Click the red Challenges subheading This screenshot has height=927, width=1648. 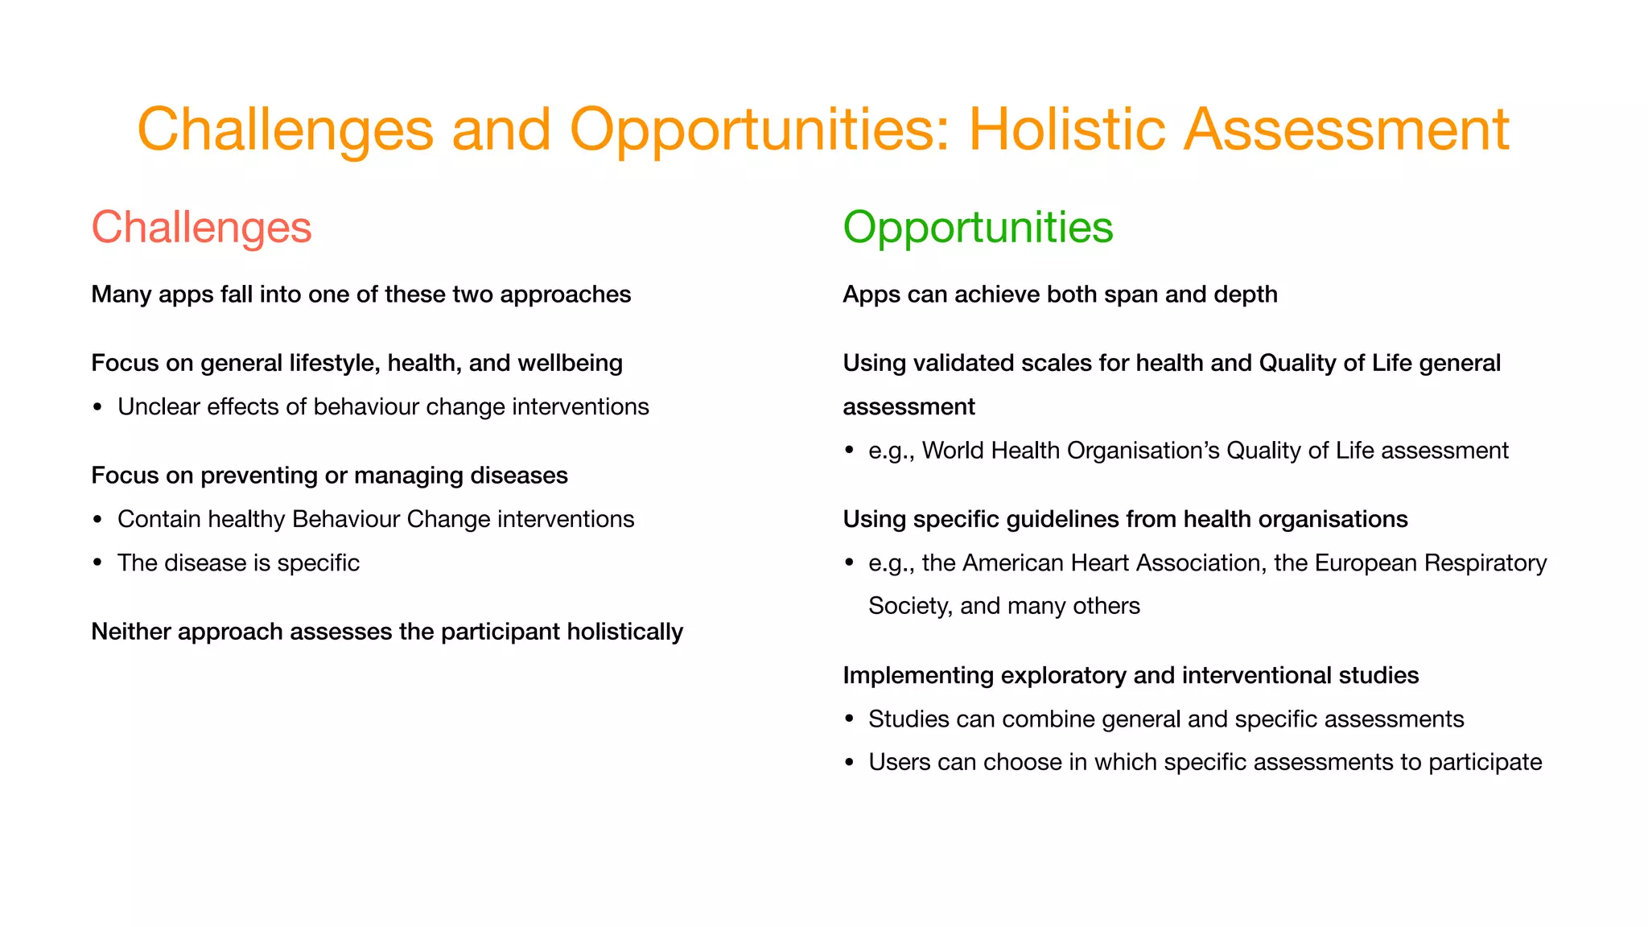click(x=201, y=227)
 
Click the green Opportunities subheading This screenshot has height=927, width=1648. click(x=978, y=227)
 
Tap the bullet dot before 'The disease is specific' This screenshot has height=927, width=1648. click(x=97, y=563)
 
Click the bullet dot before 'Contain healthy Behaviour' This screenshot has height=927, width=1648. click(x=97, y=520)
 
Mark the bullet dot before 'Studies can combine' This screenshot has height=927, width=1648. click(x=849, y=719)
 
